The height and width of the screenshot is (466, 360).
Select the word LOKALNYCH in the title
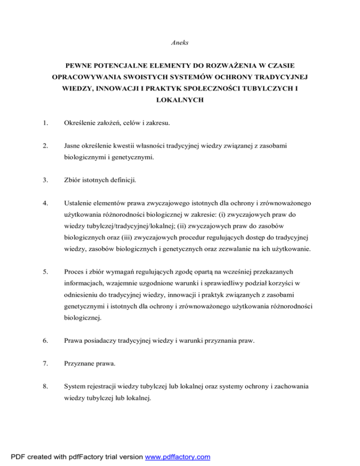point(180,101)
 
